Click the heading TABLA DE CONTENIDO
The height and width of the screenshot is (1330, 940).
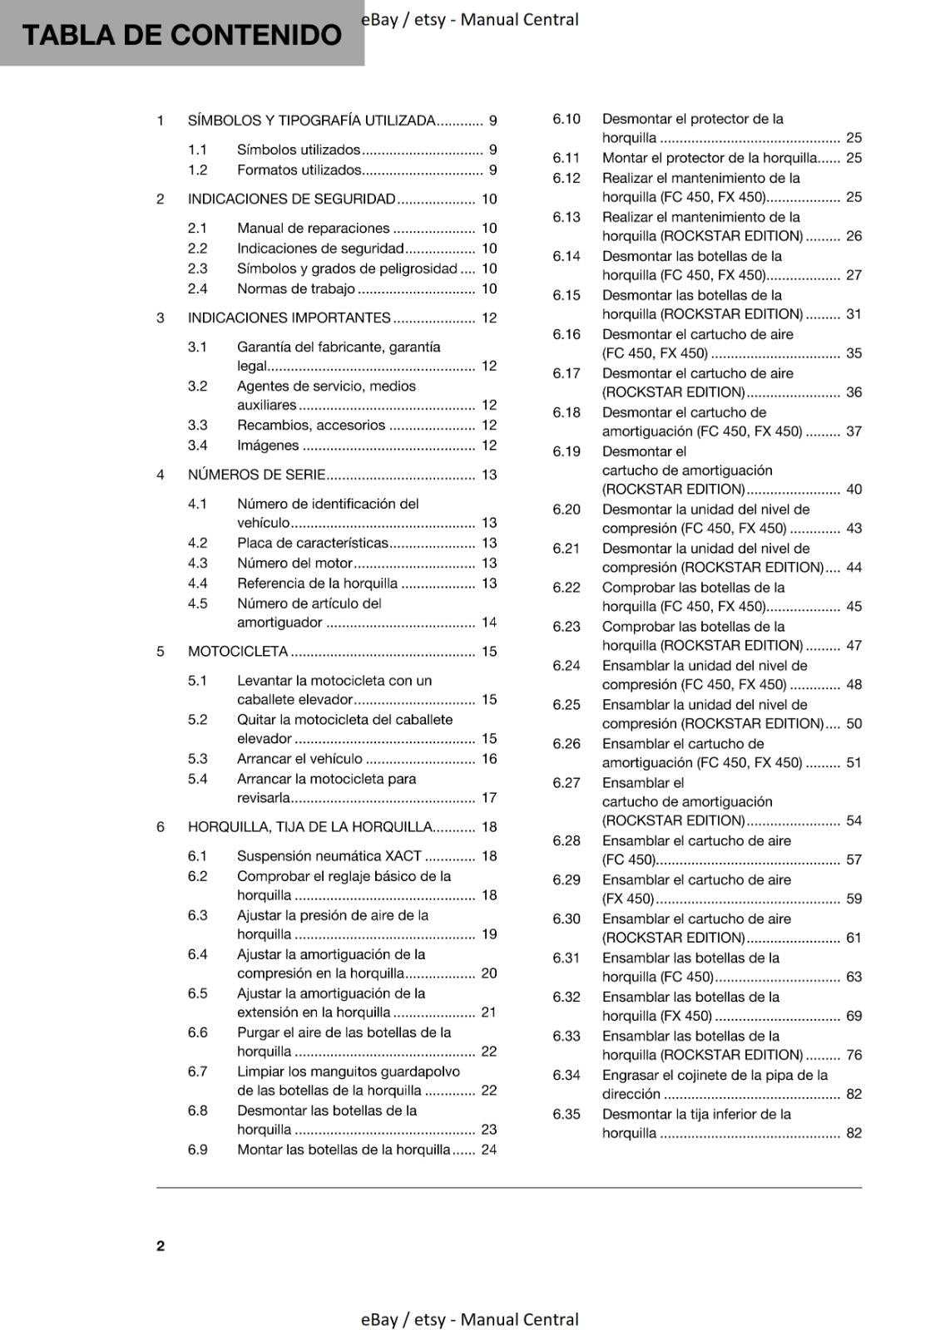181,35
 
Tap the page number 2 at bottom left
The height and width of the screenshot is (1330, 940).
161,1245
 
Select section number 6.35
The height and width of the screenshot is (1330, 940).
566,1114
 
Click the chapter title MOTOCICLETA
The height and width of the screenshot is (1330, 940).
238,652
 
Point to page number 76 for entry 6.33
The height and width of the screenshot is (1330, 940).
853,1055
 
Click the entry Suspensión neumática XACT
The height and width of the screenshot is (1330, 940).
329,856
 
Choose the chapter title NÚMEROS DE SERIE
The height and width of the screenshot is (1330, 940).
256,475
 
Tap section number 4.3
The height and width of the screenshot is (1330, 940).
197,564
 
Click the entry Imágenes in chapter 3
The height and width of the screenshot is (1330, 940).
268,446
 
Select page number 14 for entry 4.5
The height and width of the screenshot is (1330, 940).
489,623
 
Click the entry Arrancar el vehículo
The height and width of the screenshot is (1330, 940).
299,759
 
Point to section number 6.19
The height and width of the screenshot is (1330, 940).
566,451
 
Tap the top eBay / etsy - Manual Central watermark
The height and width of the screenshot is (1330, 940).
470,19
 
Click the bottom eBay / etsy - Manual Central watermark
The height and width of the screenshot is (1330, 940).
470,1319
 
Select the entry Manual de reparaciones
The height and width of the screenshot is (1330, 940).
313,229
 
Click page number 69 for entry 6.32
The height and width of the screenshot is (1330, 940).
853,1016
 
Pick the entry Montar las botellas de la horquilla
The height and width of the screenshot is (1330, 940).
344,1150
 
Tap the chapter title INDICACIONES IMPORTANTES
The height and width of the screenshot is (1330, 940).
289,318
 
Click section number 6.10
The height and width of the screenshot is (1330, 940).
566,119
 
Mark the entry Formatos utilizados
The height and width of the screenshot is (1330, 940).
299,170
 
